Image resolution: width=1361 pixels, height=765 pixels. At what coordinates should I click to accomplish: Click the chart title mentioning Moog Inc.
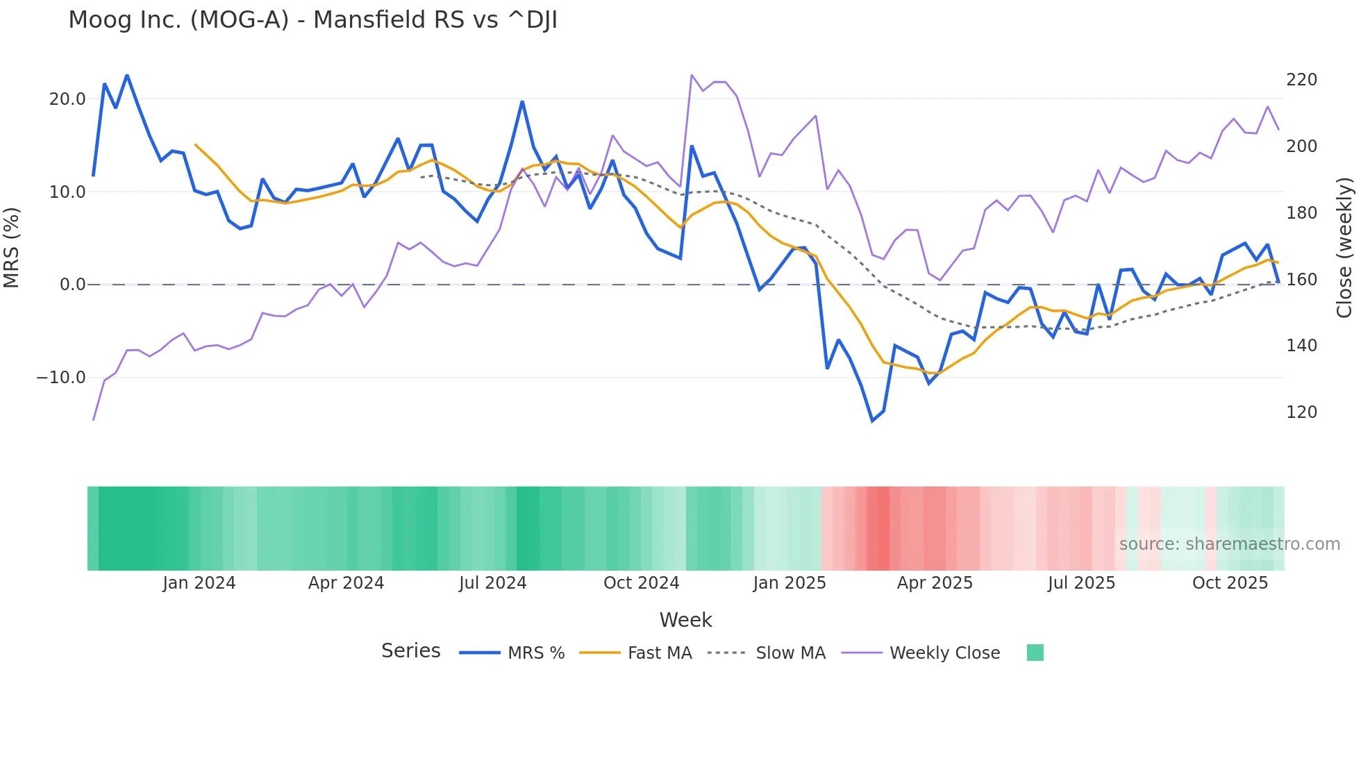(x=312, y=20)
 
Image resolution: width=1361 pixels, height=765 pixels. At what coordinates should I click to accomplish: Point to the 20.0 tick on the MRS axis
(x=67, y=99)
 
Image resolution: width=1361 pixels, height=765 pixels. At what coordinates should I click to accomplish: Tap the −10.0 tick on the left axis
(x=61, y=378)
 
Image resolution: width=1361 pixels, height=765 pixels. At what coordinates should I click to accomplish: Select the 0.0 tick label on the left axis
(x=72, y=285)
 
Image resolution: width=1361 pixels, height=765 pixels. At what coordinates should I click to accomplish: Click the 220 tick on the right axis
(x=1301, y=80)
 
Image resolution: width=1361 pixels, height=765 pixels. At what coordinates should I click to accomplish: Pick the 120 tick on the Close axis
(x=1301, y=412)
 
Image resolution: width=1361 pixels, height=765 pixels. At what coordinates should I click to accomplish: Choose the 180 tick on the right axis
(x=1301, y=213)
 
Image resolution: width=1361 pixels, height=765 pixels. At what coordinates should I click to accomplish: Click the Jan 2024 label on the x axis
(x=199, y=583)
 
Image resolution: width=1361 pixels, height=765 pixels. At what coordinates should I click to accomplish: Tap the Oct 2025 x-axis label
(x=1230, y=583)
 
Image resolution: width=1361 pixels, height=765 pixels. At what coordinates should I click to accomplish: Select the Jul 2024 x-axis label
(x=492, y=583)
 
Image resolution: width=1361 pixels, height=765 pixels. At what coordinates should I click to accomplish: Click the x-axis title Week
(x=685, y=620)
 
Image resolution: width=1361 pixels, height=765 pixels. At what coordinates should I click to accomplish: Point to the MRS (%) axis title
(x=12, y=248)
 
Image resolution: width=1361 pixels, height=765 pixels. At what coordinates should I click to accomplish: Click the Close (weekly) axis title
(x=1345, y=248)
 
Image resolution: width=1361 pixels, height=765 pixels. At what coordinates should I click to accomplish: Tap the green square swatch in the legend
(x=1035, y=653)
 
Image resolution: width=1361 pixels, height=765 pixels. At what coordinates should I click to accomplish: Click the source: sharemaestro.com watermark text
(x=1229, y=544)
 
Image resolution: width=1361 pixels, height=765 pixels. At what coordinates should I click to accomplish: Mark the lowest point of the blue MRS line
(x=873, y=421)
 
